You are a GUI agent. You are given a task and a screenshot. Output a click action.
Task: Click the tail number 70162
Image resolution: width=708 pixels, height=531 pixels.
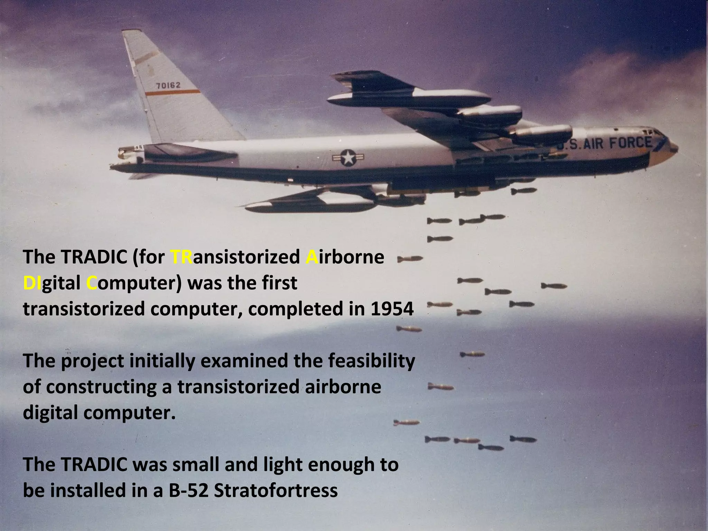pyautogui.click(x=168, y=85)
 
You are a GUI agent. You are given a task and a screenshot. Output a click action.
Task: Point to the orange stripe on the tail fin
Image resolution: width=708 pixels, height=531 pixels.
pyautogui.click(x=173, y=92)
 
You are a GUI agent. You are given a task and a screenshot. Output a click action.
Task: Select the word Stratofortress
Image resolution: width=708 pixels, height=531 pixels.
pyautogui.click(x=276, y=490)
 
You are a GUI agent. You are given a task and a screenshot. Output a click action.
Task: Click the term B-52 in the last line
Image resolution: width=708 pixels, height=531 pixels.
pyautogui.click(x=189, y=490)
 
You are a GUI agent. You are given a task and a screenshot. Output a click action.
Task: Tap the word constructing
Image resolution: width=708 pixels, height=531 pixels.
pyautogui.click(x=100, y=387)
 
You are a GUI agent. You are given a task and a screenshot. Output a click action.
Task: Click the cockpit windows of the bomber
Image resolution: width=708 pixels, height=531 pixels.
pyautogui.click(x=650, y=133)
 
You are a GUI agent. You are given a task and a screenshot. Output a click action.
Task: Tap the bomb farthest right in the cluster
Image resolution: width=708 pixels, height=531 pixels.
pyautogui.click(x=554, y=286)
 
